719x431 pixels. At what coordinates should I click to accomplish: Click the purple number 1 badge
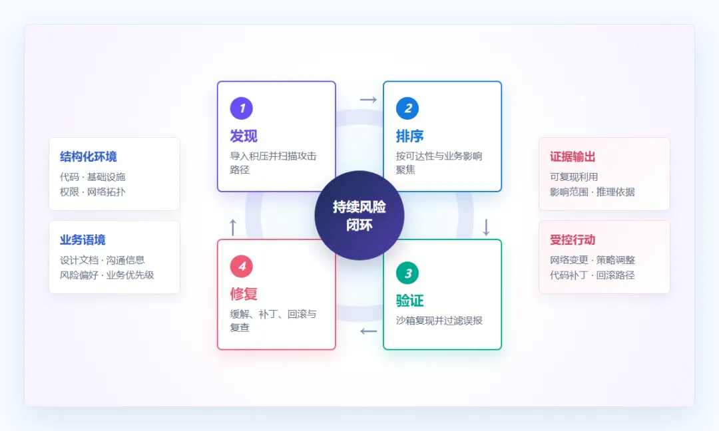coord(241,108)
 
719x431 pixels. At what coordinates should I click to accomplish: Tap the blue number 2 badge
coord(407,108)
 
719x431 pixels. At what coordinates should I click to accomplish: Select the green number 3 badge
coord(407,273)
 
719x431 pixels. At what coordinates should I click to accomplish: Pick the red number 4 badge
coord(241,266)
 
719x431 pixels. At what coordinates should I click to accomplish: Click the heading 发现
coord(244,136)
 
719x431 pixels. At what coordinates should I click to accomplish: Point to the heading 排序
coord(409,136)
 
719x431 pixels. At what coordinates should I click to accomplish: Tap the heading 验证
coord(409,301)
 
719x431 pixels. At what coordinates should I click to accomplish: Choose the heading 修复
coord(244,293)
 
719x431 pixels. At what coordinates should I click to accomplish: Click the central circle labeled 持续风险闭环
coord(359,215)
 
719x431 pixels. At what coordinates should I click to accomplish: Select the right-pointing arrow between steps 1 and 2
coord(368,99)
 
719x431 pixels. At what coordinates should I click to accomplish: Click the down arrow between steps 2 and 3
coord(486,227)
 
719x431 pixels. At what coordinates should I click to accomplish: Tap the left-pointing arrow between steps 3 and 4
coord(368,331)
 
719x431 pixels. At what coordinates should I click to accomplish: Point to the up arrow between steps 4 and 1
coord(232,227)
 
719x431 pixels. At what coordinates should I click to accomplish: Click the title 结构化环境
coord(88,157)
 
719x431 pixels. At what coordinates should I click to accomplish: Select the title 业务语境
coord(83,240)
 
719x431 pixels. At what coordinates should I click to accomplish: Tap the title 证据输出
coord(573,157)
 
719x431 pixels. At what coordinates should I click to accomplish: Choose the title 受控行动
coord(573,240)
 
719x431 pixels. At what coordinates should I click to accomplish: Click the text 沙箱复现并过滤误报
coord(439,321)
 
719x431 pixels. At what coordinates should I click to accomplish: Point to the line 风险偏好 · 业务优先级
coord(107,275)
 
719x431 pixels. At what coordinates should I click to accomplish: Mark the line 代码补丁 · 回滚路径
coord(593,275)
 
